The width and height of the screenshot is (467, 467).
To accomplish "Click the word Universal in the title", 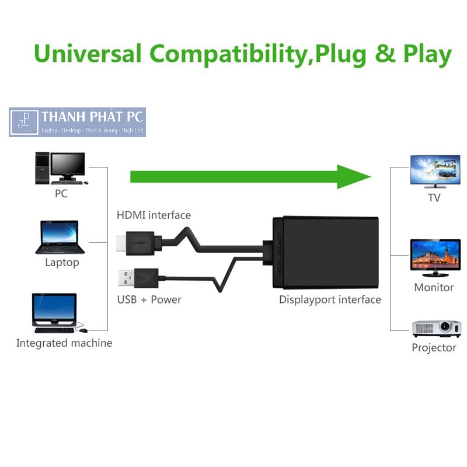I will click(x=88, y=54).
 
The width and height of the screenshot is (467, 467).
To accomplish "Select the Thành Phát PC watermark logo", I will click(x=77, y=122).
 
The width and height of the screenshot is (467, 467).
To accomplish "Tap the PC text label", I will click(x=61, y=194).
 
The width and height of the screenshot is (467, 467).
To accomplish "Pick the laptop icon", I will click(x=60, y=237).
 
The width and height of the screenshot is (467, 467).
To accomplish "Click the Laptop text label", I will click(x=62, y=263).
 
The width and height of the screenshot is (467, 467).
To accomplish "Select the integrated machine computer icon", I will click(x=55, y=313).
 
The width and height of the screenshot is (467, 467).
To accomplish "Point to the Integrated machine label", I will click(x=64, y=343).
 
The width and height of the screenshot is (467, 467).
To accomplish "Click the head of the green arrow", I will click(x=354, y=176).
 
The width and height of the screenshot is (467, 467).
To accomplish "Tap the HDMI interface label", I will click(x=154, y=215).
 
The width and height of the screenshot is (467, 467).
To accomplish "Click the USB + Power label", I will click(x=149, y=300).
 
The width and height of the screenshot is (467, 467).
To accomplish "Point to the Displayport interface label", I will click(x=330, y=300).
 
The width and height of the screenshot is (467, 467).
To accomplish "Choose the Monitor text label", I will click(x=434, y=288).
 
